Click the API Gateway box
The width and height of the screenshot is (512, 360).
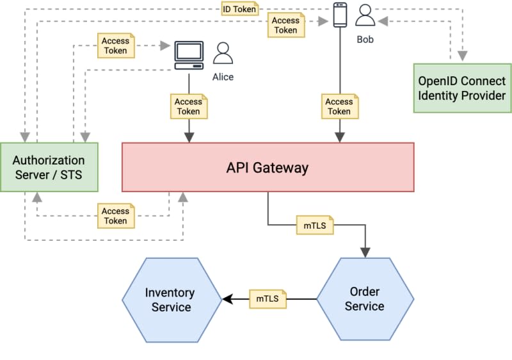click(x=268, y=167)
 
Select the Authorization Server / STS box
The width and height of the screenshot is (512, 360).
click(x=49, y=167)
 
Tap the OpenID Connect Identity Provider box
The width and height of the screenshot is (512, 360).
click(x=462, y=88)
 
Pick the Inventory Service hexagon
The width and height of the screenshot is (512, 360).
click(x=170, y=299)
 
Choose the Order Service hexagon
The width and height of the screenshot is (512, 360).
click(x=365, y=299)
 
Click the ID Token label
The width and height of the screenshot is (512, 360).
click(x=239, y=9)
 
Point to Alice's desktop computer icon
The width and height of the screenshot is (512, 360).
click(x=189, y=56)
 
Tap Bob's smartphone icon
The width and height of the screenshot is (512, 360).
click(x=340, y=15)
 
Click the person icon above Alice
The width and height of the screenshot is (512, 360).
click(x=223, y=53)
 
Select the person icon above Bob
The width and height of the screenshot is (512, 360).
click(x=365, y=15)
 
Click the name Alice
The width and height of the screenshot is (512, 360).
click(x=223, y=77)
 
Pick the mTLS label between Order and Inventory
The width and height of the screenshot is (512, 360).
click(x=268, y=299)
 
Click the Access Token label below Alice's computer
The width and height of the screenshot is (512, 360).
click(x=188, y=106)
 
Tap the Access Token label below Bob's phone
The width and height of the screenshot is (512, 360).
click(x=339, y=106)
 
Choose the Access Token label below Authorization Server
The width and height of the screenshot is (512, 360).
click(x=115, y=216)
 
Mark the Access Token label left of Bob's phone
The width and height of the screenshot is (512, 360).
click(x=285, y=25)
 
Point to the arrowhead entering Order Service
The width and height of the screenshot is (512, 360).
click(x=365, y=252)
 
